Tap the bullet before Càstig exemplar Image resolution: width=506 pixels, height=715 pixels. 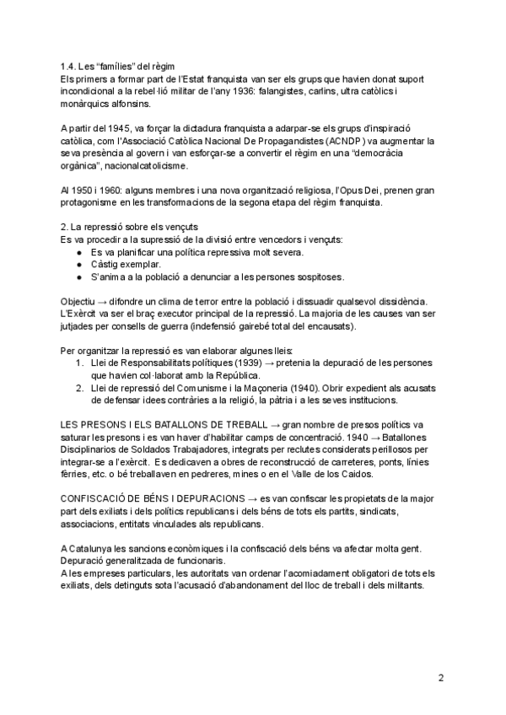click(79, 264)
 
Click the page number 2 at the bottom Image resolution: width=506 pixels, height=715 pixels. click(441, 676)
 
